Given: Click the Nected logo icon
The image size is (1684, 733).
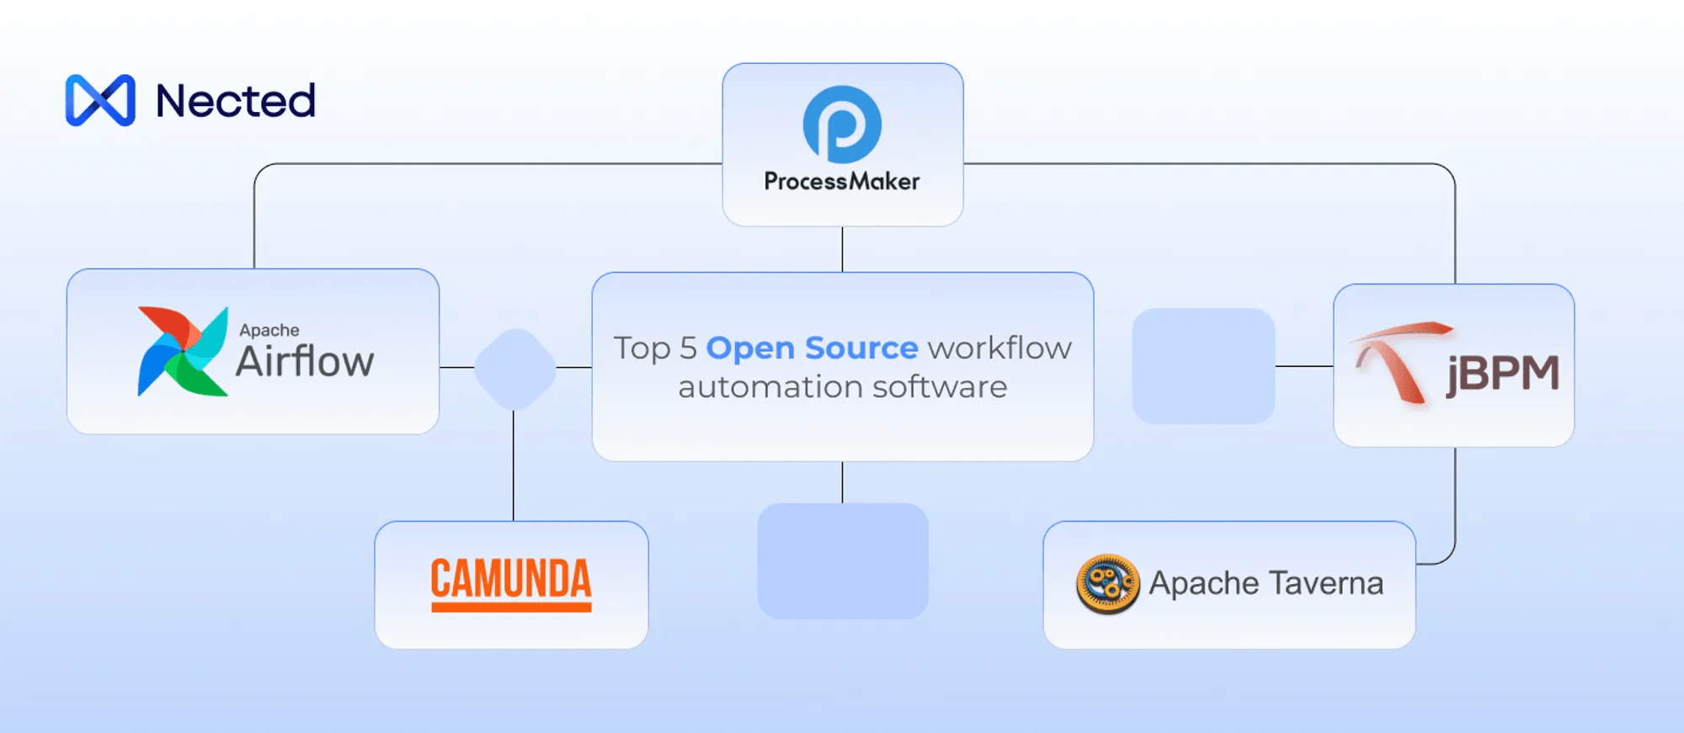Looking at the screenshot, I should click(100, 100).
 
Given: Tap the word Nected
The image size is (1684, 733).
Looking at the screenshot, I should click(236, 101).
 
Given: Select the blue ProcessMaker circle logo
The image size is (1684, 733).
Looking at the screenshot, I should click(842, 125).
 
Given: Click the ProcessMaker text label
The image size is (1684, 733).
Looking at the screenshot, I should click(842, 182).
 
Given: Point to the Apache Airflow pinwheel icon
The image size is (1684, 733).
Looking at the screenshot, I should click(183, 351).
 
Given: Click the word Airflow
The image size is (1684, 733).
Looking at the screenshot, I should click(305, 362).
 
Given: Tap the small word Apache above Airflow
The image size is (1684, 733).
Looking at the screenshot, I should click(269, 330).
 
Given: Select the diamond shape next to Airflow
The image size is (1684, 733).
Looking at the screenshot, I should click(515, 369).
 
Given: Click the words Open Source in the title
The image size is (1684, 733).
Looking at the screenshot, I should click(812, 348).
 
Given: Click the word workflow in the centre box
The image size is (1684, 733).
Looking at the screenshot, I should click(999, 348).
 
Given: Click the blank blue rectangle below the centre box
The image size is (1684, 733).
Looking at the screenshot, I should click(843, 561).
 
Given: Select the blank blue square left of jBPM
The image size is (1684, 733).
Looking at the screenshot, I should click(1203, 366).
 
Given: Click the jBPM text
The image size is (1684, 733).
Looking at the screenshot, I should click(1503, 373).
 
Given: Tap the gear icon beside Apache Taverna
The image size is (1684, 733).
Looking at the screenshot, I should click(1107, 583).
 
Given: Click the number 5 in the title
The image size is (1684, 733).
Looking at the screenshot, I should click(689, 348).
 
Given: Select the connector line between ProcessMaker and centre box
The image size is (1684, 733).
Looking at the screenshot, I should click(842, 249).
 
